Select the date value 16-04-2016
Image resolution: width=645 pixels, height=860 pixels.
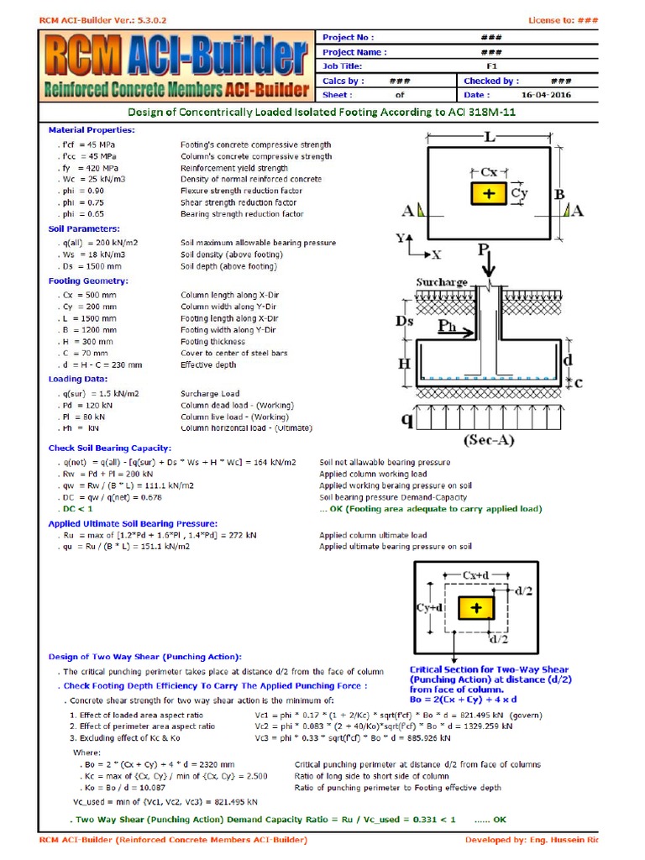[545, 95]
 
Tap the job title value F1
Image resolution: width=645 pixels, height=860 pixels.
[491, 66]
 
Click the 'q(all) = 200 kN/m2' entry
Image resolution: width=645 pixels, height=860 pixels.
[98, 243]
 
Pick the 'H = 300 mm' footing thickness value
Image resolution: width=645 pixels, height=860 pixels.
[89, 342]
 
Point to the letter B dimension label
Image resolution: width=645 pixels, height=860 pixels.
[559, 195]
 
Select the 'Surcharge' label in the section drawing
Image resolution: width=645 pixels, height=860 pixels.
[442, 282]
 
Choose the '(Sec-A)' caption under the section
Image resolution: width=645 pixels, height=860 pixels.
[488, 440]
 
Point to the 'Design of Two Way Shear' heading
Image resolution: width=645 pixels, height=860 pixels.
[144, 656]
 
